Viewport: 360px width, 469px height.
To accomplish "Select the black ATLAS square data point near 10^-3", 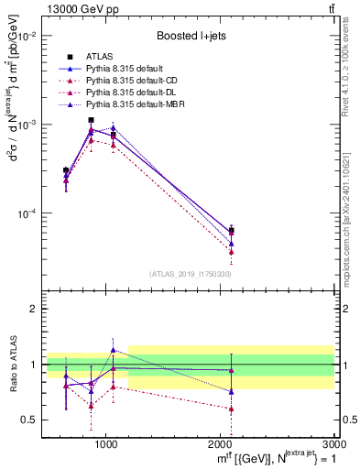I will pyautogui.click(x=91, y=120).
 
